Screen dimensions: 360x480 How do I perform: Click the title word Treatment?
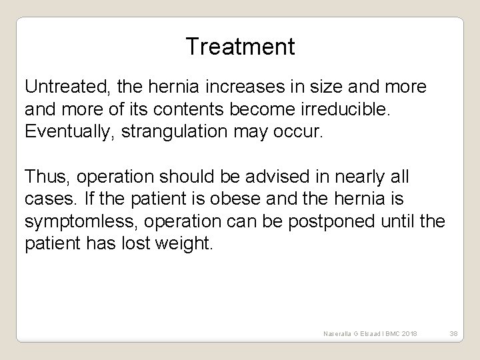[x=240, y=47]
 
